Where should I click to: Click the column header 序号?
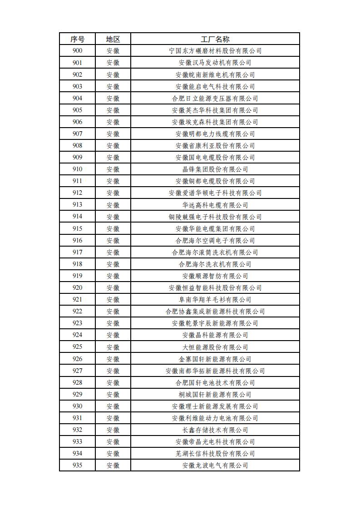pyautogui.click(x=77, y=39)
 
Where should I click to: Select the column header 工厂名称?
pyautogui.click(x=215, y=39)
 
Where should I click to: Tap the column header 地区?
pyautogui.click(x=113, y=39)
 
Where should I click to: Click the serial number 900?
pyautogui.click(x=77, y=51)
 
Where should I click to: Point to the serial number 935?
pyautogui.click(x=77, y=465)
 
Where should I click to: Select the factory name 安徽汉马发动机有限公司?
pyautogui.click(x=215, y=63)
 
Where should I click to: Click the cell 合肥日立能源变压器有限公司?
pyautogui.click(x=215, y=98)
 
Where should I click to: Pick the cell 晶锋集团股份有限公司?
pyautogui.click(x=215, y=169)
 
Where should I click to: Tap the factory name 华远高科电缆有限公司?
pyautogui.click(x=215, y=205)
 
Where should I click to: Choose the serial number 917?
pyautogui.click(x=77, y=252)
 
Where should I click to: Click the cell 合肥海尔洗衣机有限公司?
pyautogui.click(x=215, y=264)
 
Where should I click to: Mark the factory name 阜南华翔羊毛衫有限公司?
pyautogui.click(x=215, y=299)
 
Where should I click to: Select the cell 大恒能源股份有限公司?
pyautogui.click(x=215, y=347)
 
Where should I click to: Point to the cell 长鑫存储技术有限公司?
pyautogui.click(x=215, y=430)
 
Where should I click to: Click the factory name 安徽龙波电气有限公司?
pyautogui.click(x=215, y=465)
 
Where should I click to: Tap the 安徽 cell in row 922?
pyautogui.click(x=113, y=311)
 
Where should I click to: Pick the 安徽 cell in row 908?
pyautogui.click(x=113, y=145)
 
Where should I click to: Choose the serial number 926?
pyautogui.click(x=77, y=359)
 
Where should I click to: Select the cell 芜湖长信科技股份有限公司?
pyautogui.click(x=215, y=453)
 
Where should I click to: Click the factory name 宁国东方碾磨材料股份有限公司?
pyautogui.click(x=215, y=51)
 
